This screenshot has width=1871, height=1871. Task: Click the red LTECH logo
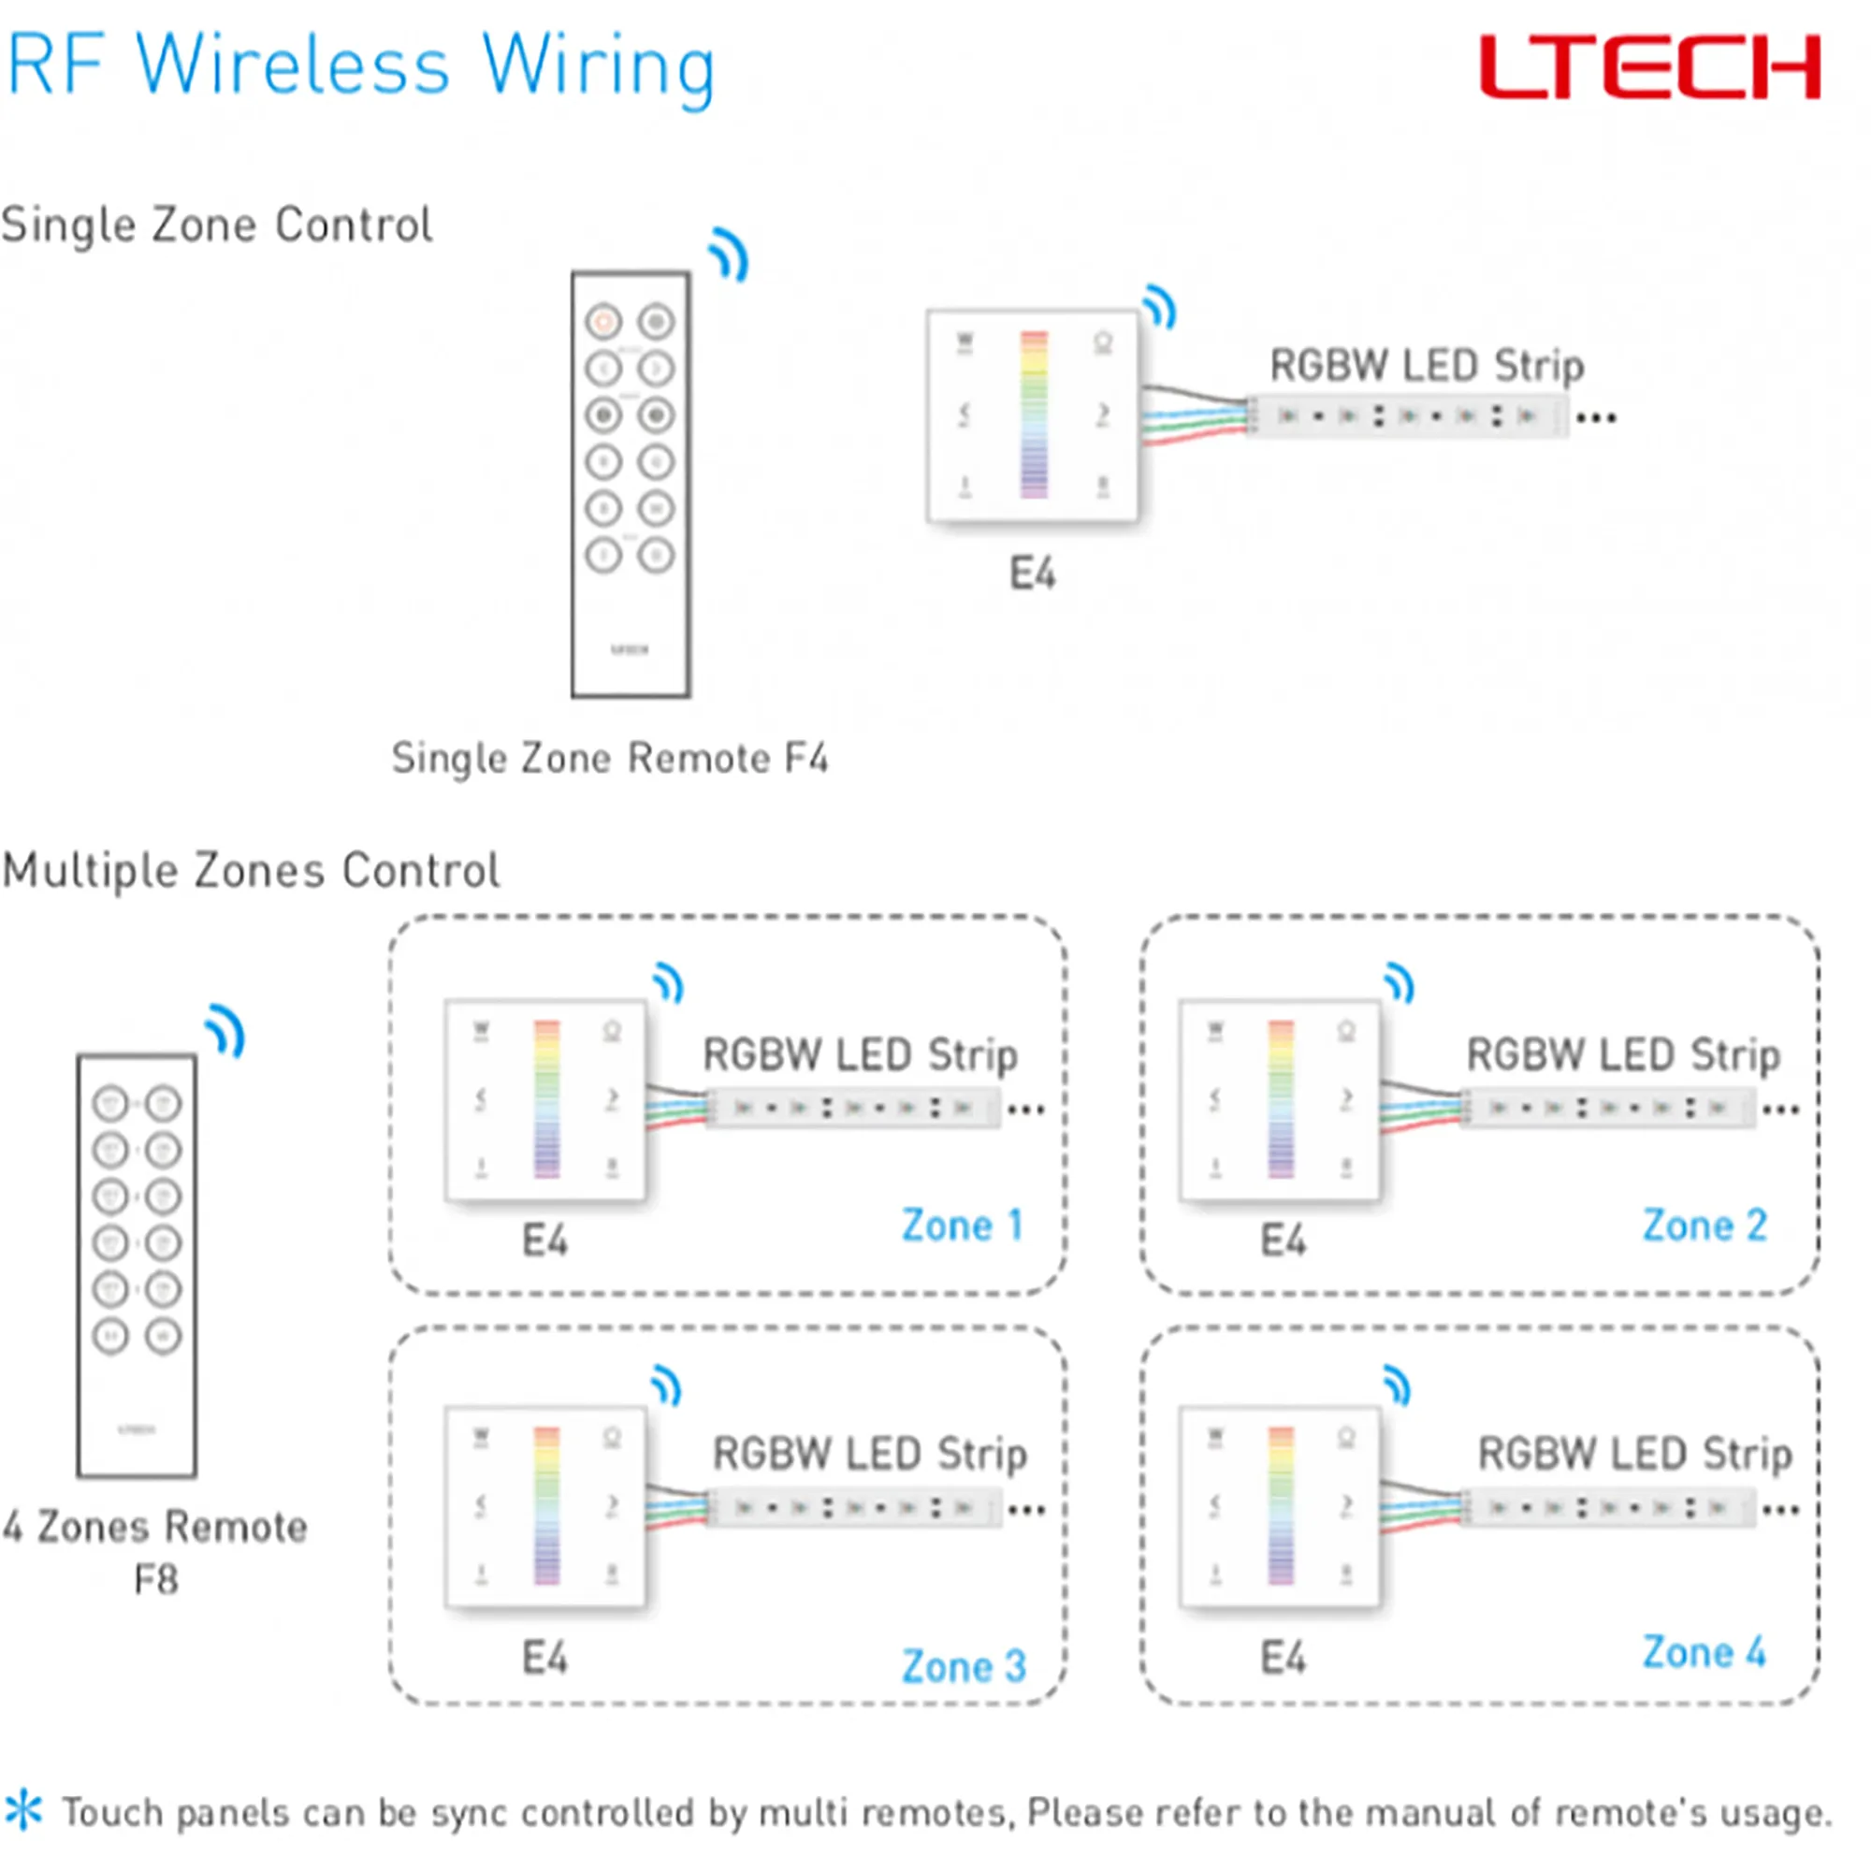pyautogui.click(x=1649, y=66)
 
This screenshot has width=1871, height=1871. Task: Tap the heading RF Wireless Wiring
pyautogui.click(x=360, y=66)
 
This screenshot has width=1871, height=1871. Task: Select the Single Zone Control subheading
pyautogui.click(x=217, y=225)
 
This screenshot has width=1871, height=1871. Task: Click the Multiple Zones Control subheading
pyautogui.click(x=251, y=870)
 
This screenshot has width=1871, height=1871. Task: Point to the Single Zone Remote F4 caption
pyautogui.click(x=609, y=758)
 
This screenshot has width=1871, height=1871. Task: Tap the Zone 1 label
pyautogui.click(x=962, y=1226)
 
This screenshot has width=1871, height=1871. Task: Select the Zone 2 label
pyautogui.click(x=1704, y=1226)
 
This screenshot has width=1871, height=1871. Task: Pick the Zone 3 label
pyautogui.click(x=964, y=1667)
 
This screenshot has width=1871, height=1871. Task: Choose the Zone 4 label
pyautogui.click(x=1704, y=1652)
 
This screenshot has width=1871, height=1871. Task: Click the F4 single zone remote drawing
pyautogui.click(x=631, y=485)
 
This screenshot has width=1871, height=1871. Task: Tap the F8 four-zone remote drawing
pyautogui.click(x=137, y=1266)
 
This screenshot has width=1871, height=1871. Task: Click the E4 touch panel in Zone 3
pyautogui.click(x=545, y=1507)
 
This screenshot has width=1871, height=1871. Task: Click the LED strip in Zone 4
pyautogui.click(x=1608, y=1509)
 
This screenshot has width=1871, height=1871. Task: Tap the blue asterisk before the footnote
pyautogui.click(x=23, y=1810)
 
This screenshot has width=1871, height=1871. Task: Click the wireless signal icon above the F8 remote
pyautogui.click(x=225, y=1031)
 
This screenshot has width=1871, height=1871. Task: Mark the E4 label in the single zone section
pyautogui.click(x=1033, y=573)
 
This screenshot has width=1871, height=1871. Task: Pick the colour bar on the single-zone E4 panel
pyautogui.click(x=1035, y=414)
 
